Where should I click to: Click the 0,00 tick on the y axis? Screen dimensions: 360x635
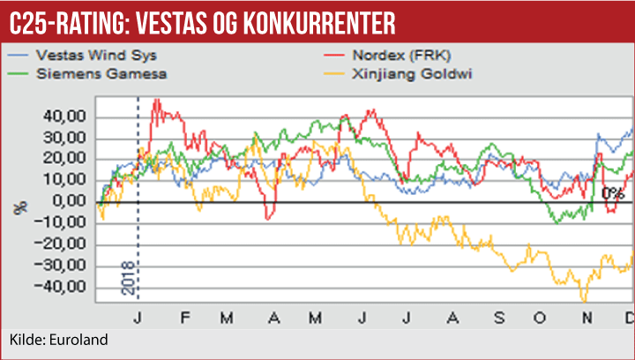coord(71,202)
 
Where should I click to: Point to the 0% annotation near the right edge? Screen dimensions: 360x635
coord(612,193)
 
